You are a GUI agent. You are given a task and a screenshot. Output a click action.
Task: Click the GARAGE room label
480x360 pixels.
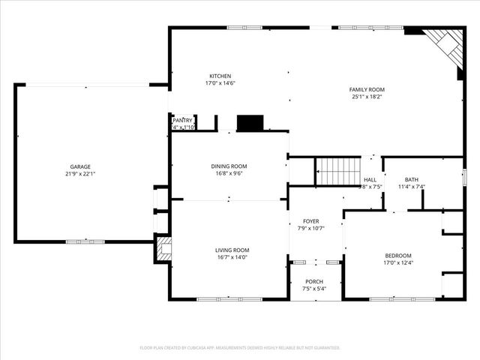[80, 166]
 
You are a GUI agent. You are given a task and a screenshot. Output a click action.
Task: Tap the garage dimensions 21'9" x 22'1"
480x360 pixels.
[80, 174]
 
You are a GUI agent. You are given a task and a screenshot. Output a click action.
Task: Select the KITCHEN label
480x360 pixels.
[220, 76]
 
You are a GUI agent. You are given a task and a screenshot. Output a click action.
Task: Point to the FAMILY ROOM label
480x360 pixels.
[367, 89]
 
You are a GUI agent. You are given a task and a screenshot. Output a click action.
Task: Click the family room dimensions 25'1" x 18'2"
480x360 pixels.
[367, 97]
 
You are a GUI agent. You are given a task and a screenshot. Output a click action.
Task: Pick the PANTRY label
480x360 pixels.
[183, 120]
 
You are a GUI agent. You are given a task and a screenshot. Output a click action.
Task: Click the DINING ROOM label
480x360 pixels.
[229, 166]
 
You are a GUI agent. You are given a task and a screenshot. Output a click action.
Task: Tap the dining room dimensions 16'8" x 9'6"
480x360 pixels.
[229, 174]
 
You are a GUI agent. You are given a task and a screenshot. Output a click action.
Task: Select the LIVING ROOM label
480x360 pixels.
[232, 250]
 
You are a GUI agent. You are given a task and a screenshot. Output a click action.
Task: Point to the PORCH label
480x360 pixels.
[313, 281]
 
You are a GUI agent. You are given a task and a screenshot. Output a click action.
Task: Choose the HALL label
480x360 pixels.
[370, 180]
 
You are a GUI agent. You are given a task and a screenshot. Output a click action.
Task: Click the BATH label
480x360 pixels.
[412, 179]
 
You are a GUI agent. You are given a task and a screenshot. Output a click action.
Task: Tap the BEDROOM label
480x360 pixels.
[398, 255]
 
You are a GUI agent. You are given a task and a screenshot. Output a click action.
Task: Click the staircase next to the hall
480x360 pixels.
[338, 171]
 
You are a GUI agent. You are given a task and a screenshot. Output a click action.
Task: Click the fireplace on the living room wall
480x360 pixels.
[163, 249]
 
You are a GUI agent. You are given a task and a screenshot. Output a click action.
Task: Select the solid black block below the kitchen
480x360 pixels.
[250, 124]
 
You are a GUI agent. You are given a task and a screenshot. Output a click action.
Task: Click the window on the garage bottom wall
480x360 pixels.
[85, 241]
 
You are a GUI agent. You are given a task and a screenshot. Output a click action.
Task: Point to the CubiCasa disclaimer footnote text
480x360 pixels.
[240, 348]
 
